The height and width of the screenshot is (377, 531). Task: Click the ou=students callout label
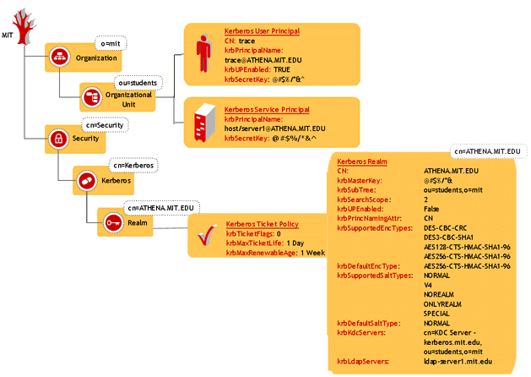tap(136, 83)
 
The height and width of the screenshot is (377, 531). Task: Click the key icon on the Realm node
tap(113, 221)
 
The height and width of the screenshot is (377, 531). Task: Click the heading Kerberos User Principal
tap(262, 31)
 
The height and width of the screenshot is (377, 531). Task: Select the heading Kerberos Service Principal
tap(266, 110)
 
